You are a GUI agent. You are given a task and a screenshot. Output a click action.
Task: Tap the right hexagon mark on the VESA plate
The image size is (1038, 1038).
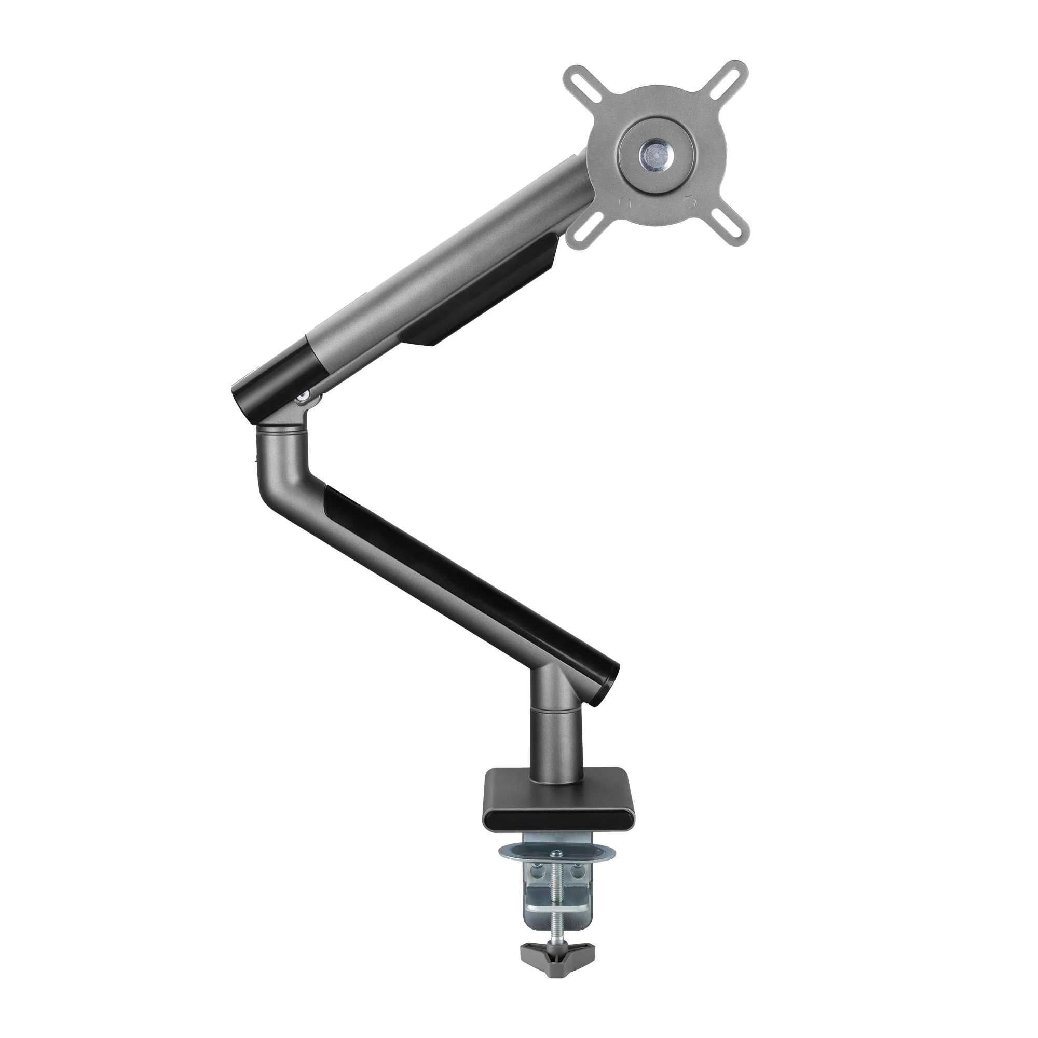click(690, 201)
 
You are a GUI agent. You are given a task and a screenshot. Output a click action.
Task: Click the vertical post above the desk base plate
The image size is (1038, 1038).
click(555, 747)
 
